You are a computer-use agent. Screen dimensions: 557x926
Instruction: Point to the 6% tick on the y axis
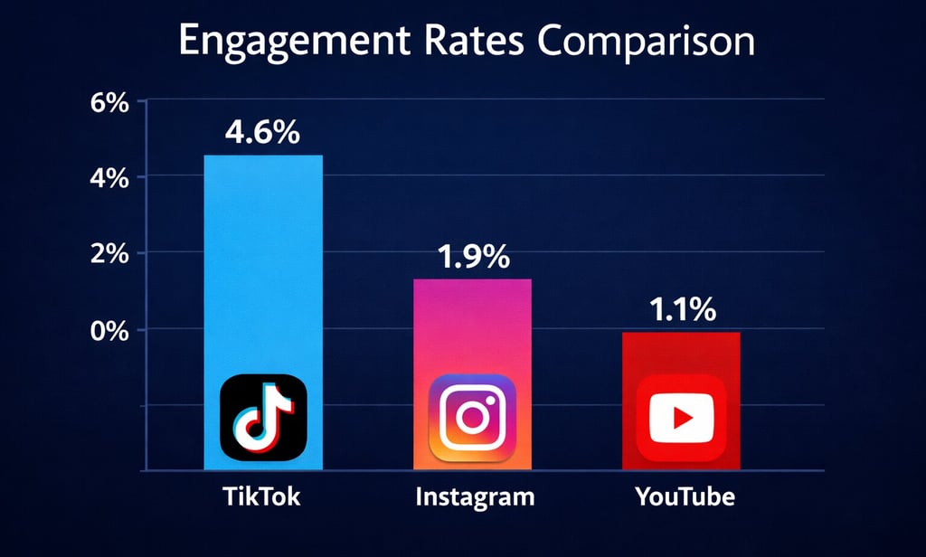tap(109, 105)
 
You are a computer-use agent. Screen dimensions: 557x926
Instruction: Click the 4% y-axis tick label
tap(109, 178)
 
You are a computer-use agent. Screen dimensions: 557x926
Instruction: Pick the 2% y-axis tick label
tap(109, 255)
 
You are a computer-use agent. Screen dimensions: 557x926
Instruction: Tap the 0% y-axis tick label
tap(109, 331)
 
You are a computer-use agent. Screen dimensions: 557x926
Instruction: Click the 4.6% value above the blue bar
tap(262, 134)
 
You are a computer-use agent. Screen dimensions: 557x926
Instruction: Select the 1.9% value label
tap(473, 258)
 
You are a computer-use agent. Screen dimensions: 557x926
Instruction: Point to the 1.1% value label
tap(683, 311)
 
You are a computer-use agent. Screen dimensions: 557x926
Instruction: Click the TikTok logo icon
tap(263, 418)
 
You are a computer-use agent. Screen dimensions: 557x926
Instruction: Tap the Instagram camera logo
tap(472, 418)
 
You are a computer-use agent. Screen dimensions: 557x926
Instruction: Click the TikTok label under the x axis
tap(261, 497)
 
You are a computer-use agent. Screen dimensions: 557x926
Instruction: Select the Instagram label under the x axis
tap(475, 497)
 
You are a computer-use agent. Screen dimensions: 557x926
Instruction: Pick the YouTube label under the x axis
tap(685, 497)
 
